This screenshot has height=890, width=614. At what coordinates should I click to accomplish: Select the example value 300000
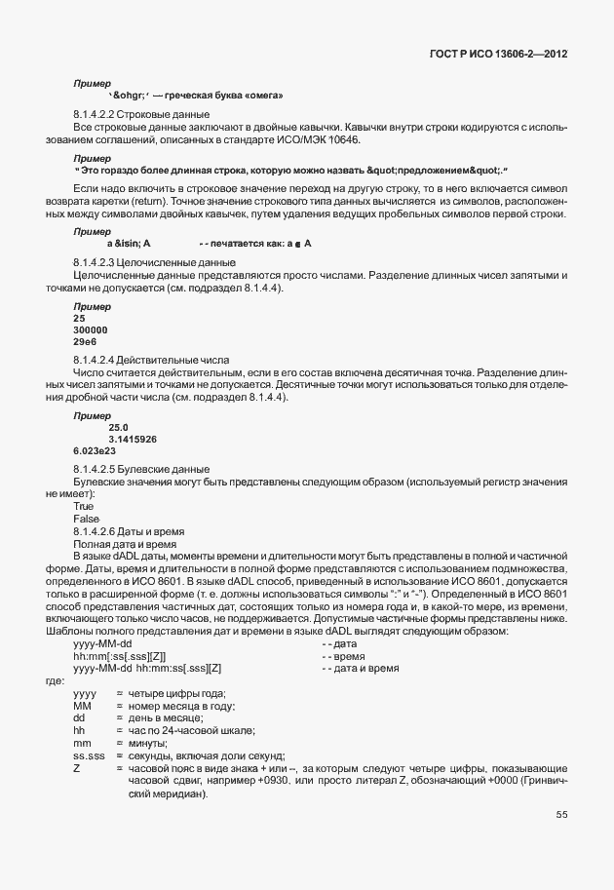90,330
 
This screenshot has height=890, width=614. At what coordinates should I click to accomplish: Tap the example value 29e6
84,342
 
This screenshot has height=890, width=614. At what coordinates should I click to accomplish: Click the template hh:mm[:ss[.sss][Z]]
119,657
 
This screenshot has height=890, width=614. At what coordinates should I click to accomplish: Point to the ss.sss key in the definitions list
89,755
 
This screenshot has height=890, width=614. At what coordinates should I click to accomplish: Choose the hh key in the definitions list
79,730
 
